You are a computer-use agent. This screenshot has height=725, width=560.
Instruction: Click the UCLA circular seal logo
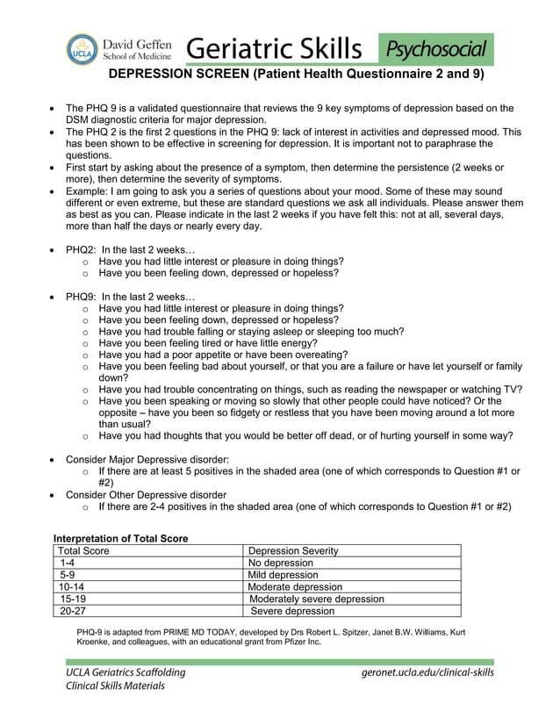pyautogui.click(x=83, y=48)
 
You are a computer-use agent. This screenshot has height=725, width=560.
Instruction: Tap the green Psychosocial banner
pyautogui.click(x=435, y=48)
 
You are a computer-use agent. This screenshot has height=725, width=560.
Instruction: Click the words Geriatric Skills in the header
pyautogui.click(x=273, y=47)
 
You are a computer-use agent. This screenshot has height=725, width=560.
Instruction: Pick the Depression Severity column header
pyautogui.click(x=294, y=550)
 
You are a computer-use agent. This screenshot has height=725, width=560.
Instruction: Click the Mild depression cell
pyautogui.click(x=284, y=575)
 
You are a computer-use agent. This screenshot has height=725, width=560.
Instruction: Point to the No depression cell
pyautogui.click(x=281, y=563)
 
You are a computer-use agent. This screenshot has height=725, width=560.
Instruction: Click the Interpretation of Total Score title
pyautogui.click(x=121, y=538)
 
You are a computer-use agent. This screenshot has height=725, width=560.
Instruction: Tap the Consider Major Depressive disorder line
pyautogui.click(x=147, y=459)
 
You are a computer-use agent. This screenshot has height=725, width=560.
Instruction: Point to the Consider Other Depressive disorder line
pyautogui.click(x=146, y=494)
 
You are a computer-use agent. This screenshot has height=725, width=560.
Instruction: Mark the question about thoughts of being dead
pyautogui.click(x=305, y=435)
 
